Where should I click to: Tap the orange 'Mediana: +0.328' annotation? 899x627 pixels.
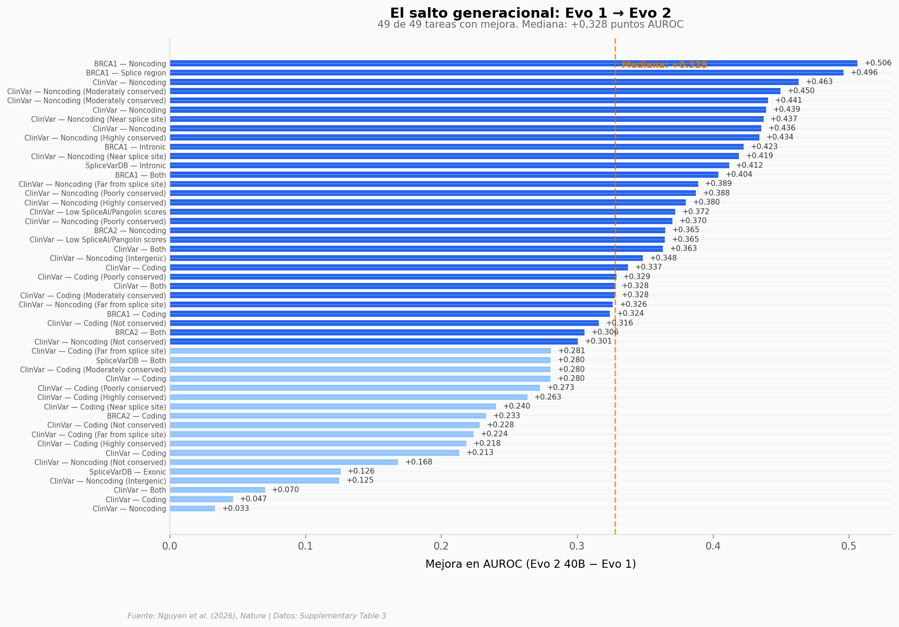(664, 65)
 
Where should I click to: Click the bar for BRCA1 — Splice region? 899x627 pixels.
(506, 73)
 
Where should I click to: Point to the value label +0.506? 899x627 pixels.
(877, 63)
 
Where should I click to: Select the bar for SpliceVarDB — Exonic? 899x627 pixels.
(255, 471)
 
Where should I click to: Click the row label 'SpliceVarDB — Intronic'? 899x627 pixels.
(126, 166)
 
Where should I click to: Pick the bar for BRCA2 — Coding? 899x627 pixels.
(327, 416)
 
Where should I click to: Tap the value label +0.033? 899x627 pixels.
(235, 508)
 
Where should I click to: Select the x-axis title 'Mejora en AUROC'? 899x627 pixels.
(530, 564)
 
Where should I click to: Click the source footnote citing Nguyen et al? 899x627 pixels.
(257, 616)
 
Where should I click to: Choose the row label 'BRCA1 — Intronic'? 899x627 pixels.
(135, 147)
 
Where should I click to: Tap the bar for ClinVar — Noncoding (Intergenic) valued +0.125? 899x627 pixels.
(254, 481)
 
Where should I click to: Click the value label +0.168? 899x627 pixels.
(418, 462)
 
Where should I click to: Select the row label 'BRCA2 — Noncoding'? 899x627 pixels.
(130, 231)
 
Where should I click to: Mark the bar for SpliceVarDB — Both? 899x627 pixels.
(360, 360)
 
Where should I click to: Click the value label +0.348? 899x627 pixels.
(663, 258)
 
